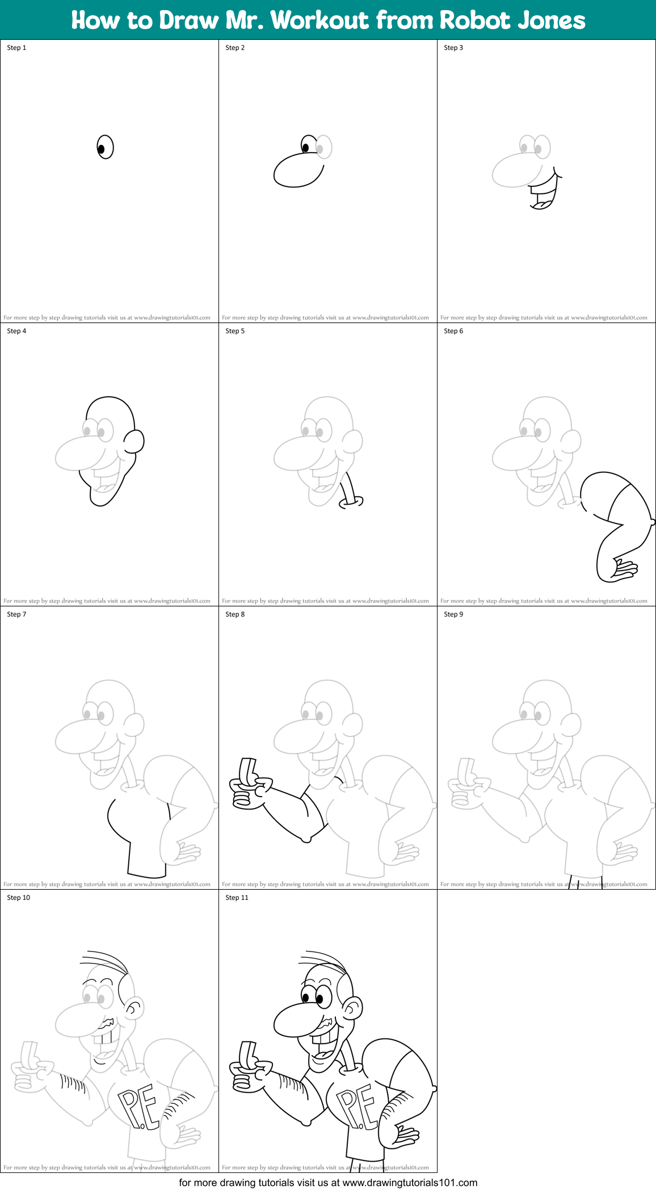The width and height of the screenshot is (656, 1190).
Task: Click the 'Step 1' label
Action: tap(16, 48)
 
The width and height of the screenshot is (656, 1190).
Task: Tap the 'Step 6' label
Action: tap(453, 331)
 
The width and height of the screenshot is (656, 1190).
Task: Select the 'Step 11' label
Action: tap(237, 898)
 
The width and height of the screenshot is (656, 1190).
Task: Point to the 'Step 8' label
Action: tap(235, 614)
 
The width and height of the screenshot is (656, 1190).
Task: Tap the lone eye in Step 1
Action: tap(105, 148)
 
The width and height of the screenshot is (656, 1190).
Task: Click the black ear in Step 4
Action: tap(134, 441)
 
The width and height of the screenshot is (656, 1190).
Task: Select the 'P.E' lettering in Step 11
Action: tap(356, 1105)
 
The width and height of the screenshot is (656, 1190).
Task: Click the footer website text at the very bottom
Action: tap(328, 1183)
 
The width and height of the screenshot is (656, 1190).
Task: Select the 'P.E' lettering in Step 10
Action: tap(138, 1105)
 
